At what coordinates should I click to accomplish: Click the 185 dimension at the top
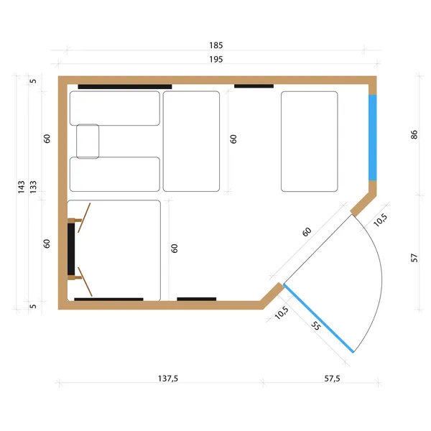[216, 45]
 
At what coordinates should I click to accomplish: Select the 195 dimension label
[216, 60]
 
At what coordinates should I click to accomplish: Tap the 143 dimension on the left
[22, 187]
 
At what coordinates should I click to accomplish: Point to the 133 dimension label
[33, 187]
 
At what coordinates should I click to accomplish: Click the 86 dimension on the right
[414, 135]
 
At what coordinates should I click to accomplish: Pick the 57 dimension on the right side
[414, 258]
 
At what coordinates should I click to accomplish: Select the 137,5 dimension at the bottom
[168, 379]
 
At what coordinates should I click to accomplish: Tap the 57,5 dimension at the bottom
[332, 379]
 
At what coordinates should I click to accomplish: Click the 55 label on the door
[316, 325]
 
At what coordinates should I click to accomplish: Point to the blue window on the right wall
[372, 138]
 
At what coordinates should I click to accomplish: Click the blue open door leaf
[318, 318]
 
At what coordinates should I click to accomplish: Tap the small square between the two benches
[88, 142]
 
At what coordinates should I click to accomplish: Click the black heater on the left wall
[71, 249]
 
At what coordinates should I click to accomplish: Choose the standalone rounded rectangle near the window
[309, 142]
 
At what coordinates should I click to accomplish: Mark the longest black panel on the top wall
[125, 87]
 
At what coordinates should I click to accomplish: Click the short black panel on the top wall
[254, 86]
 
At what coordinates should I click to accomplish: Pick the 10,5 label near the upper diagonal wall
[381, 221]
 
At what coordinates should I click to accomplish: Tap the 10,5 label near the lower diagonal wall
[282, 312]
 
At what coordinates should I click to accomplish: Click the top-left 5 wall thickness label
[33, 81]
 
